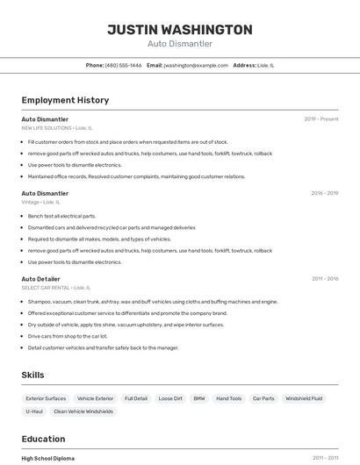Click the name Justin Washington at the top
point(180,30)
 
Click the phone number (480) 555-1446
point(123,65)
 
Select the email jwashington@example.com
point(195,65)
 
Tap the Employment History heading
point(65,100)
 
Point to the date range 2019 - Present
point(321,119)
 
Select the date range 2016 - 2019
point(324,193)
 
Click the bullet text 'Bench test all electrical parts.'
point(61,216)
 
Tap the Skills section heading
point(32,375)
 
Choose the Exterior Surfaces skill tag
point(46,398)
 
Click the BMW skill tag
point(199,398)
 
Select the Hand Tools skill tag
point(229,398)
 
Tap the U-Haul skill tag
point(34,411)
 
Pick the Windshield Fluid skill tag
point(304,398)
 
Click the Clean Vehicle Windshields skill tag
point(83,411)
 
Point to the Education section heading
point(43,439)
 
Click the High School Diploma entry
point(47,458)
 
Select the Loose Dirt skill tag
point(170,398)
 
